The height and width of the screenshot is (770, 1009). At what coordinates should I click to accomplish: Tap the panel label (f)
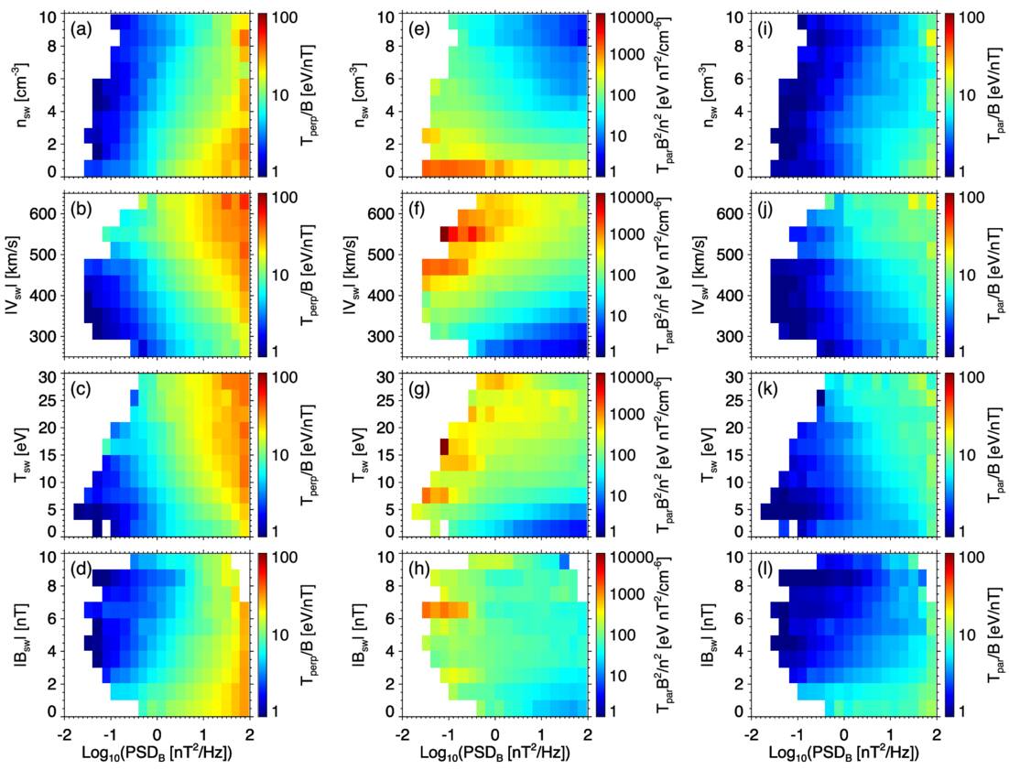(x=420, y=209)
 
